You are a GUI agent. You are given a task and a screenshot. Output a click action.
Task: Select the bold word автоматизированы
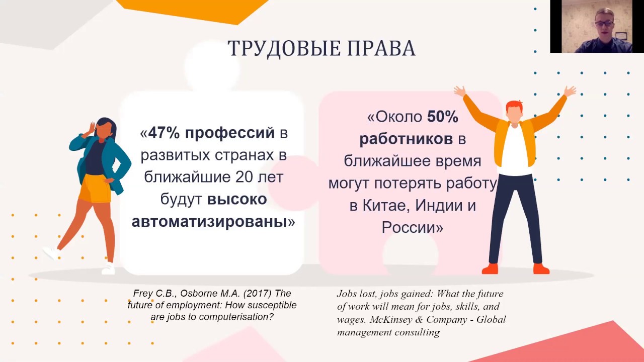click(x=209, y=222)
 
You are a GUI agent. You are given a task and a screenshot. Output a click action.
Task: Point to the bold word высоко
click(x=237, y=200)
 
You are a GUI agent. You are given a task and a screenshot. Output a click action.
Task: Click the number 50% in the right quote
click(x=442, y=117)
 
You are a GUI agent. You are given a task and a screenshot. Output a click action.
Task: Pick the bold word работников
click(x=406, y=139)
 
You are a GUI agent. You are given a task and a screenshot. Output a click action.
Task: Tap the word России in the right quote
click(x=409, y=228)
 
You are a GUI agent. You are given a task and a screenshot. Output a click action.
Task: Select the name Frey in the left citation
click(x=143, y=294)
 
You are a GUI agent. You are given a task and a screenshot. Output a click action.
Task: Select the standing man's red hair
click(x=514, y=106)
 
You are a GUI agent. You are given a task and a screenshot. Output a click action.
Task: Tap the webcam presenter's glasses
click(x=603, y=23)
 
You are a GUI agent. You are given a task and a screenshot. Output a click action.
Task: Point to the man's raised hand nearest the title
click(x=459, y=91)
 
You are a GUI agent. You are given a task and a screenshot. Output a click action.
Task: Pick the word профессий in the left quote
click(x=230, y=133)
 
